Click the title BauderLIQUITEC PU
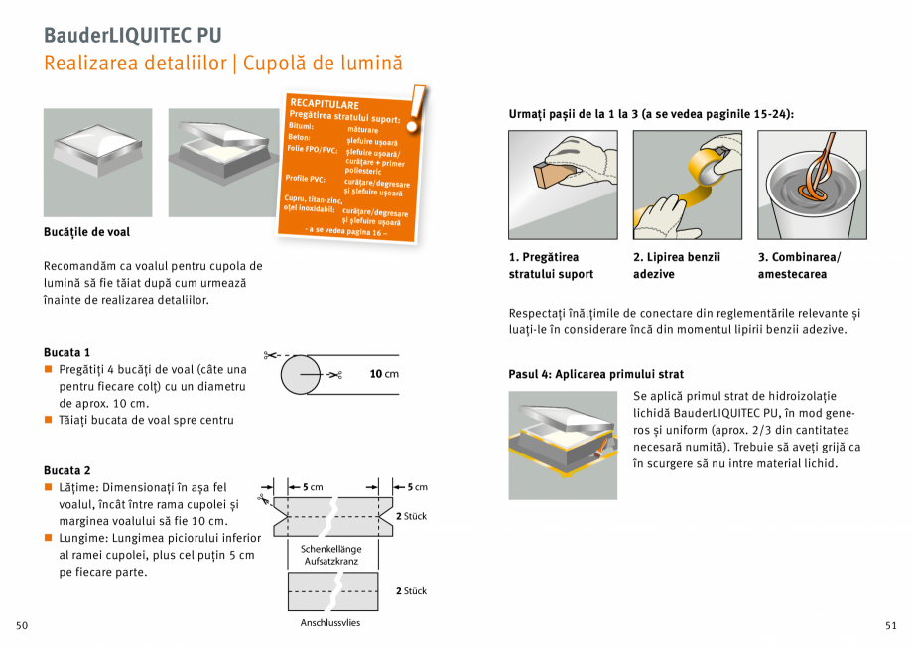point(132,35)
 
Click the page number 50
point(22,625)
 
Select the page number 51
point(890,625)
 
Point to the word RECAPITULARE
point(324,104)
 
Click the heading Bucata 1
point(66,352)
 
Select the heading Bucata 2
point(66,470)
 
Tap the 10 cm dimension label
point(384,374)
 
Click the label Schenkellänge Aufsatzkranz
point(330,555)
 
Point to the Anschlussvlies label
point(330,623)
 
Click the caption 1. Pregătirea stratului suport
point(551,265)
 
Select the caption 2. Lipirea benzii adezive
point(677,265)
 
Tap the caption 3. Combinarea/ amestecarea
point(799,265)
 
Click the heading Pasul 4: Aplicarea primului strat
point(595,374)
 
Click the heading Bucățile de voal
point(86,232)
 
